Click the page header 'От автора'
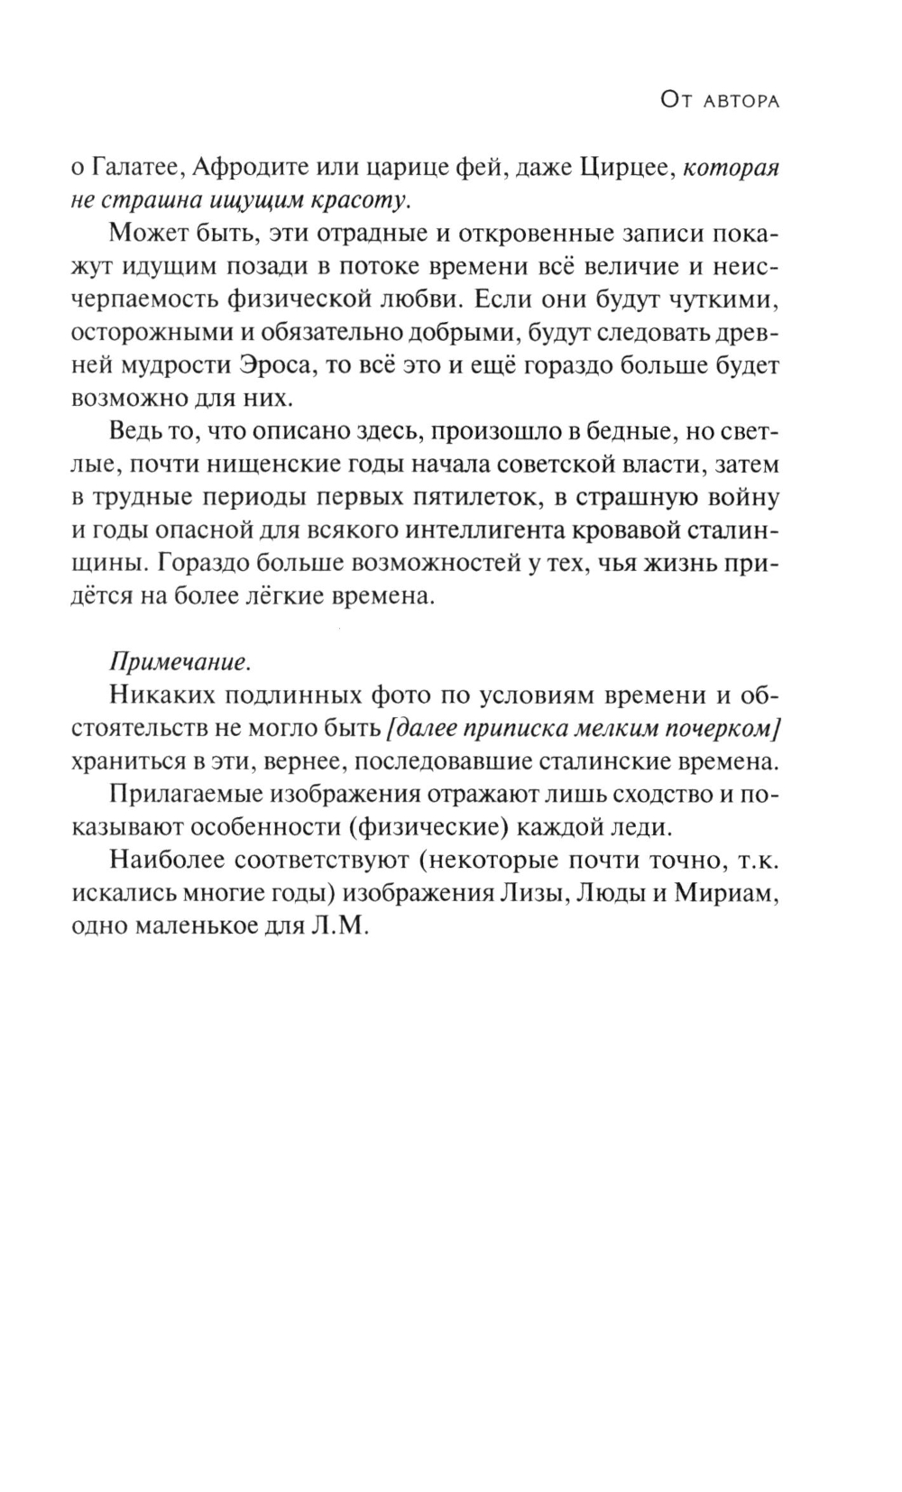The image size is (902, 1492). point(719,101)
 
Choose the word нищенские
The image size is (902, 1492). point(281,465)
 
